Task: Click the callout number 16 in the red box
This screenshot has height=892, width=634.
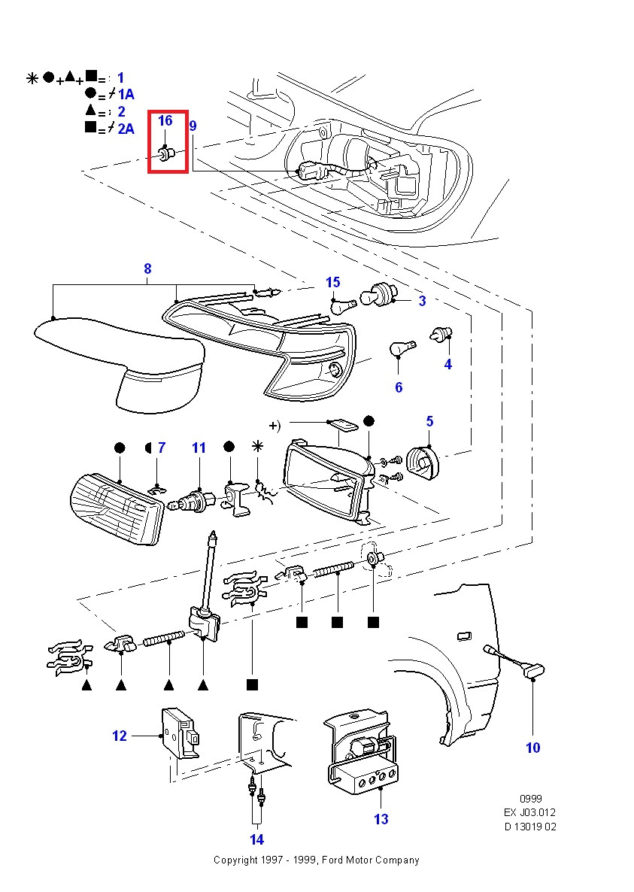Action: [x=165, y=120]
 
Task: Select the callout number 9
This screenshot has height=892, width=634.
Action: [x=193, y=126]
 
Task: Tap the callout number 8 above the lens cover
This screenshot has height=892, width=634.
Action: [x=147, y=269]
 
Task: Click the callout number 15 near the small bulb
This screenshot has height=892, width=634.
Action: [x=332, y=282]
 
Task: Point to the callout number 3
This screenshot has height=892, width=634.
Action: [x=422, y=301]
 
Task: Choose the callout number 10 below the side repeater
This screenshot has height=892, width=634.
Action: [x=532, y=748]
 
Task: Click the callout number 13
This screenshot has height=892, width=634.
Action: [x=381, y=819]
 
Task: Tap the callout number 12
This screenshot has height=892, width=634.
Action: [x=120, y=736]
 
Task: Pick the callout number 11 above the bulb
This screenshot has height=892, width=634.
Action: [x=199, y=448]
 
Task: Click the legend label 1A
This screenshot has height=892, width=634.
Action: [x=125, y=94]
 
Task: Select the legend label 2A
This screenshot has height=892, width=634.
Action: [x=126, y=129]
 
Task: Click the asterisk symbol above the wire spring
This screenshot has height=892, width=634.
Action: [x=258, y=447]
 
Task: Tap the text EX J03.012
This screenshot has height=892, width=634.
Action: [x=530, y=812]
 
